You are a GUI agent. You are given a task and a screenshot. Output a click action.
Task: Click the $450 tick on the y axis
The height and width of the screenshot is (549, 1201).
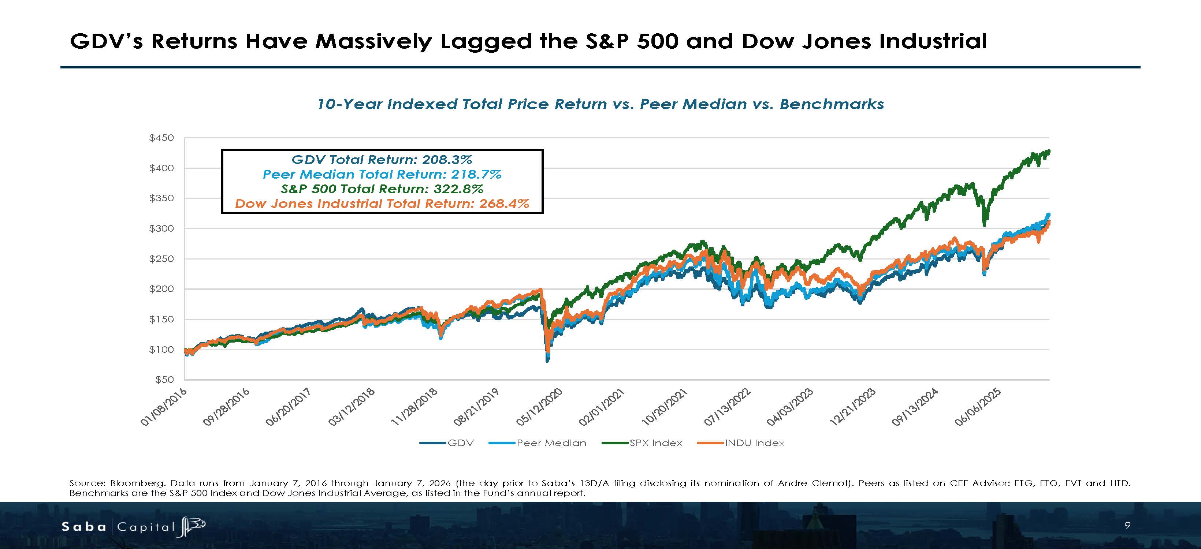(x=161, y=138)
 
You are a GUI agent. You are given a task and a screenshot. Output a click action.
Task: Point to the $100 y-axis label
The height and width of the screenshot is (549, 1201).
(x=161, y=350)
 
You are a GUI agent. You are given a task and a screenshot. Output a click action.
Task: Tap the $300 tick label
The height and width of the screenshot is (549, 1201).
(x=161, y=228)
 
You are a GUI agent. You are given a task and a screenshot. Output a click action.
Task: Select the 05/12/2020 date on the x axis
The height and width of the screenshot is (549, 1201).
(x=539, y=407)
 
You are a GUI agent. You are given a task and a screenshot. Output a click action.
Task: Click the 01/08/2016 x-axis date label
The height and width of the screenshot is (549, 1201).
(x=164, y=407)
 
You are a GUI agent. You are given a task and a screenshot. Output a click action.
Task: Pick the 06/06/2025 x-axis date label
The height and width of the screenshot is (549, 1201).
(x=978, y=407)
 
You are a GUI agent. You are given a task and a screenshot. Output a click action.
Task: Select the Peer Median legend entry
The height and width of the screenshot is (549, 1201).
(x=538, y=443)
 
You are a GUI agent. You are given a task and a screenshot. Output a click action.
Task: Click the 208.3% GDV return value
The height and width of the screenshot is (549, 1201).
(x=447, y=160)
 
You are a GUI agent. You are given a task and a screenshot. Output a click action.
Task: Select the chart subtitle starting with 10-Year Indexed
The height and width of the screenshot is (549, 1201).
(x=600, y=104)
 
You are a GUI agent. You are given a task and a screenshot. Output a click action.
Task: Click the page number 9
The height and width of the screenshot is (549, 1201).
(x=1127, y=526)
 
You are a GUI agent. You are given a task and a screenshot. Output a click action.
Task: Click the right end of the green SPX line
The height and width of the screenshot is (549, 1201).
(x=1049, y=150)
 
